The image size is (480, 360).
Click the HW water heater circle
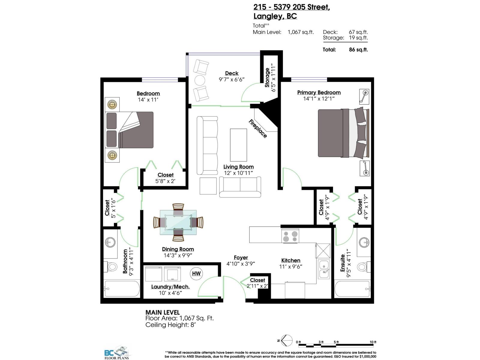[196, 273]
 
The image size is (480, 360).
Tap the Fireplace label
[258, 129]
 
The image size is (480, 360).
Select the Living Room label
[238, 167]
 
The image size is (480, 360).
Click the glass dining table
[178, 222]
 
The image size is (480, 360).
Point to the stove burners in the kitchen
[290, 236]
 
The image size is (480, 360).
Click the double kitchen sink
[324, 269]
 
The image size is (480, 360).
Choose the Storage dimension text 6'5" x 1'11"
[273, 78]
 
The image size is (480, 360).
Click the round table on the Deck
[199, 80]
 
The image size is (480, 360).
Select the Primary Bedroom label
[319, 92]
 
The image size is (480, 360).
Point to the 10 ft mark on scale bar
[373, 342]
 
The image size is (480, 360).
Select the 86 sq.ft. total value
[358, 50]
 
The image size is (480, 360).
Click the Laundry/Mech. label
[170, 287]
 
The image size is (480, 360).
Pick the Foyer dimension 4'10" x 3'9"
[241, 264]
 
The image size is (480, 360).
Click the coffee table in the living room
[238, 145]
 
